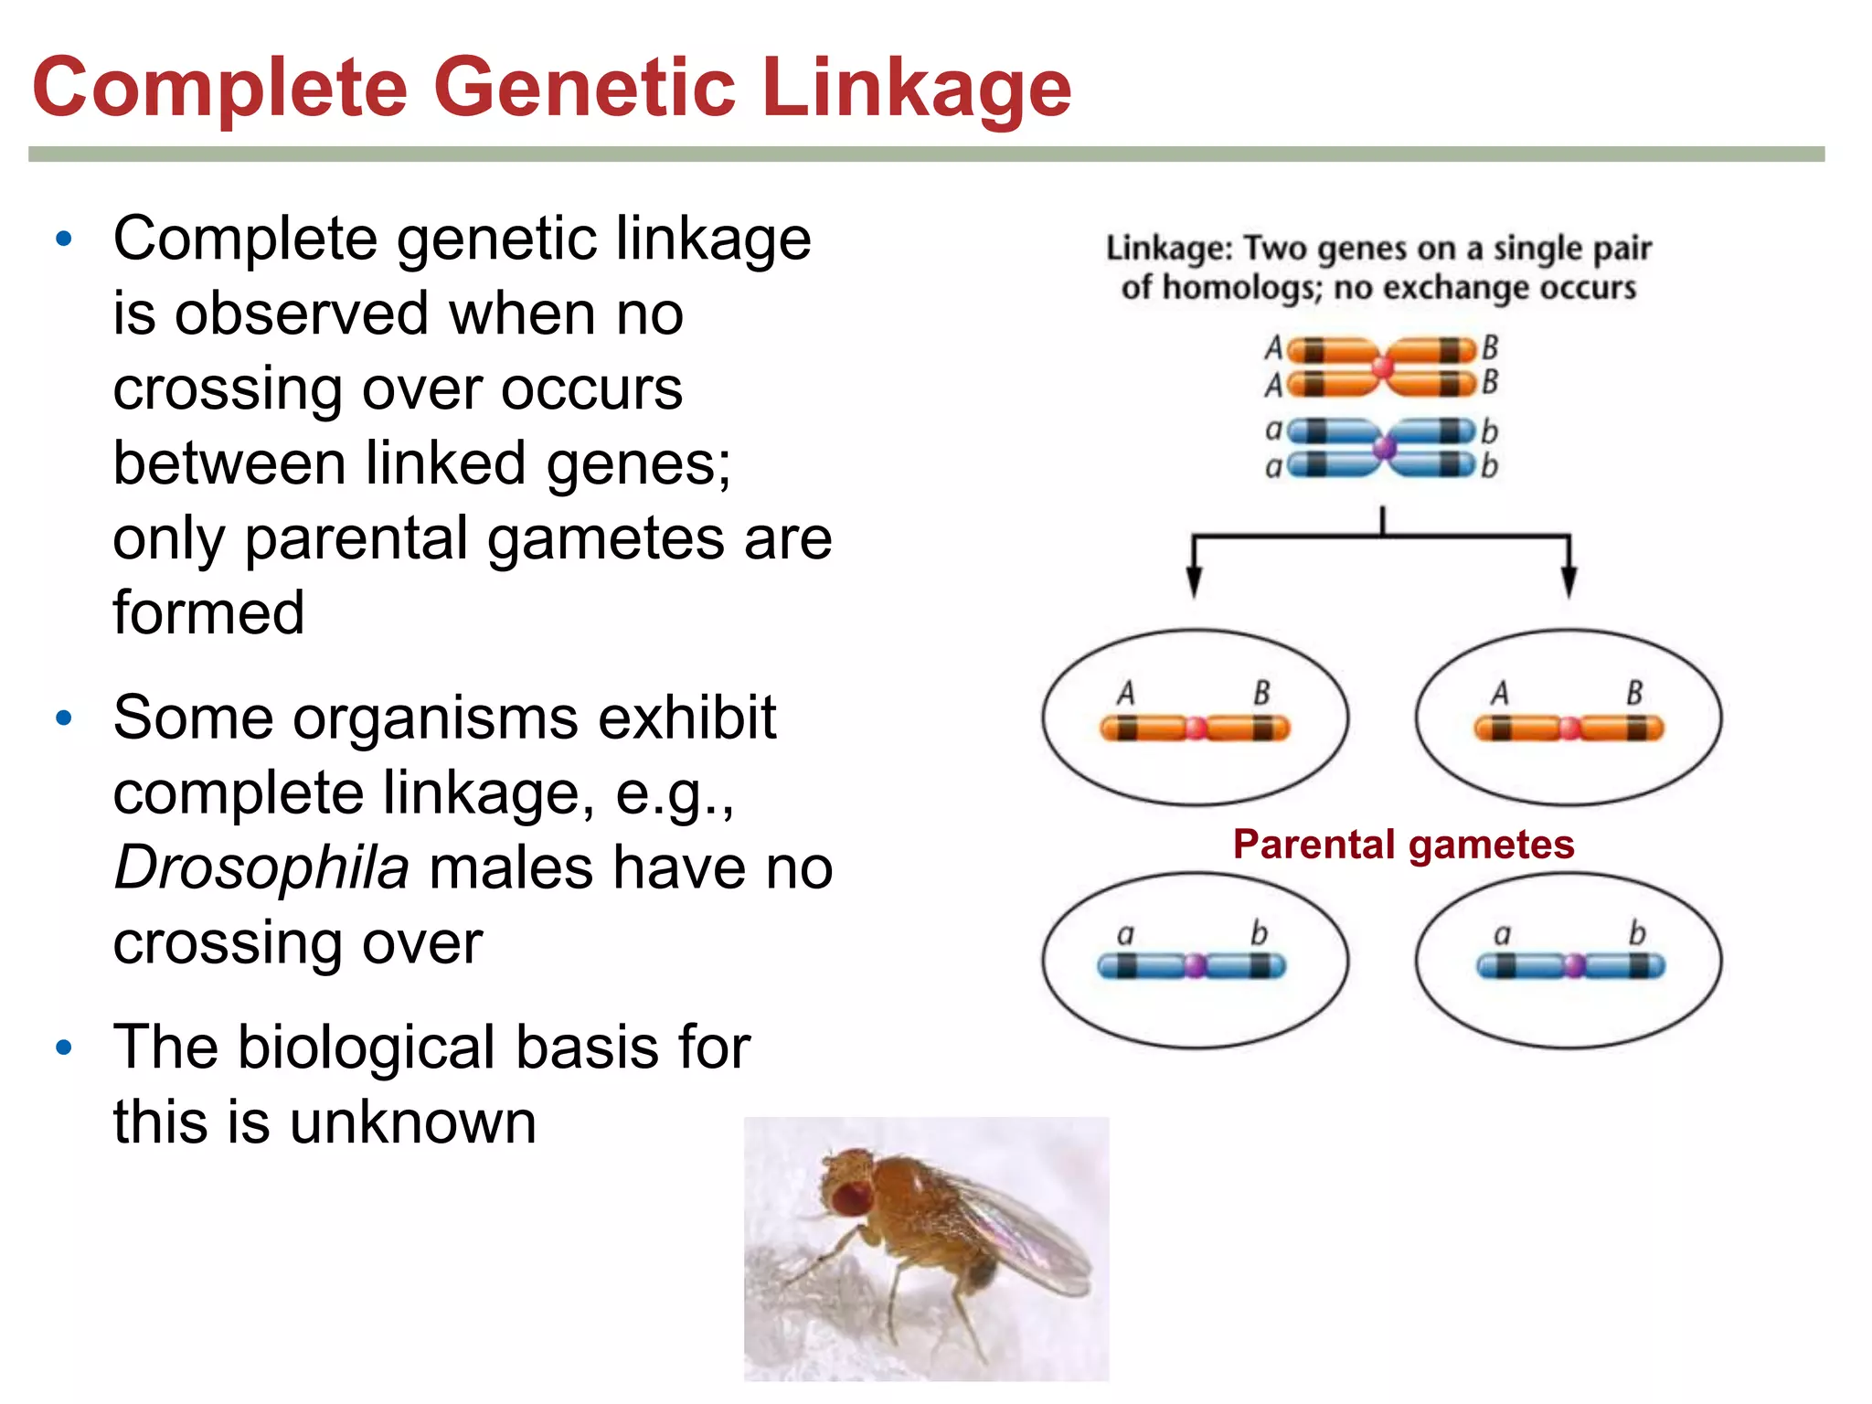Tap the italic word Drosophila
(261, 867)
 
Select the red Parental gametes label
(1403, 844)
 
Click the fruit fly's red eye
(850, 1197)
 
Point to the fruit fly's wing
(1024, 1234)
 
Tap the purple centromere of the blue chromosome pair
(1385, 448)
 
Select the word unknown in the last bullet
(413, 1122)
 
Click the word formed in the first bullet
(208, 612)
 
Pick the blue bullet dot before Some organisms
(63, 718)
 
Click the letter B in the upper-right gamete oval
(1634, 693)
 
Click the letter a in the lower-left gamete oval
(1125, 934)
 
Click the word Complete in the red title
(219, 88)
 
